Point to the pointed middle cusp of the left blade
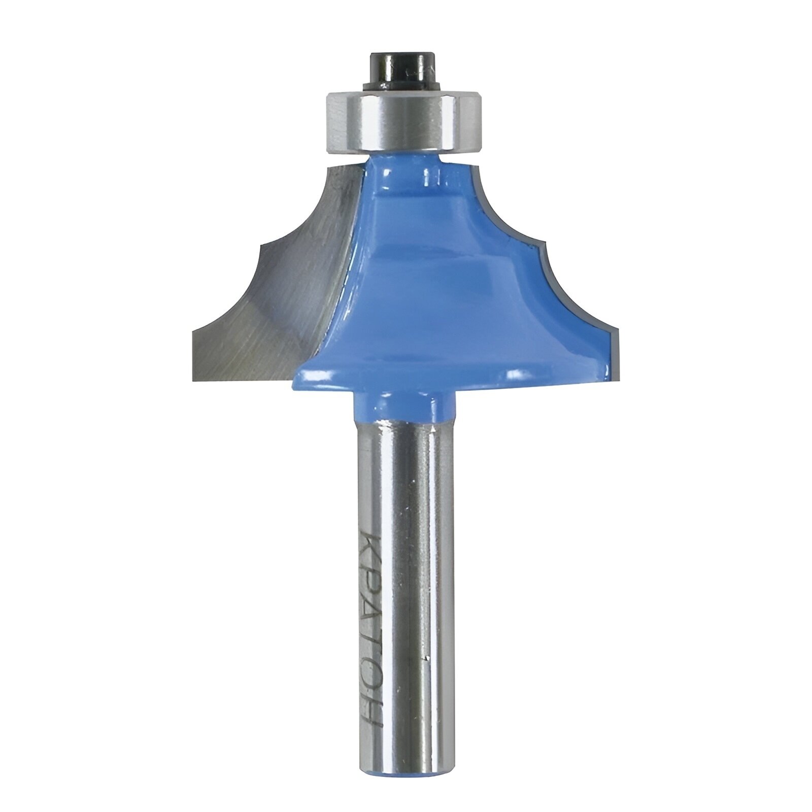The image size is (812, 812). coord(259,245)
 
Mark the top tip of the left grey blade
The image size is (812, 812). coord(329,167)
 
